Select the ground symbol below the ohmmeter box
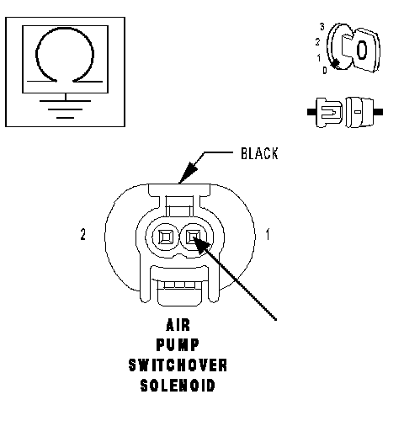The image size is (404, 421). coord(65,109)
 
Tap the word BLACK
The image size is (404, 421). coord(259,153)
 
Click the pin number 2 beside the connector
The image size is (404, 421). coord(82,234)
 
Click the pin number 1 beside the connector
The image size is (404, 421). coord(268,234)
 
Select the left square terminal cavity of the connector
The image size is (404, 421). coord(165,237)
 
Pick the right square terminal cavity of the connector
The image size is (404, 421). coord(194,237)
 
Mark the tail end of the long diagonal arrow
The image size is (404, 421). coord(276,319)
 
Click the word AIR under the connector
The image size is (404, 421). coord(178,325)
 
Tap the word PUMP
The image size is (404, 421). coord(178,345)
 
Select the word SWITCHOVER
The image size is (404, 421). coord(178,365)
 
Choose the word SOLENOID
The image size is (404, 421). coord(178,386)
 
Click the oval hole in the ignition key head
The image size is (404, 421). coord(362,51)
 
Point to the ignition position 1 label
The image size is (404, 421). coord(318,58)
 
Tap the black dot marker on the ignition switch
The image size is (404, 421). coord(335,64)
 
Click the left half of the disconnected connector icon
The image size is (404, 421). coord(326,112)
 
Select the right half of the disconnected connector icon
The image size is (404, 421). coord(364,112)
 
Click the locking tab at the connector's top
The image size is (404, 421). coord(179,200)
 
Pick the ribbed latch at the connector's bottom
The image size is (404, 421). coord(179,292)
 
